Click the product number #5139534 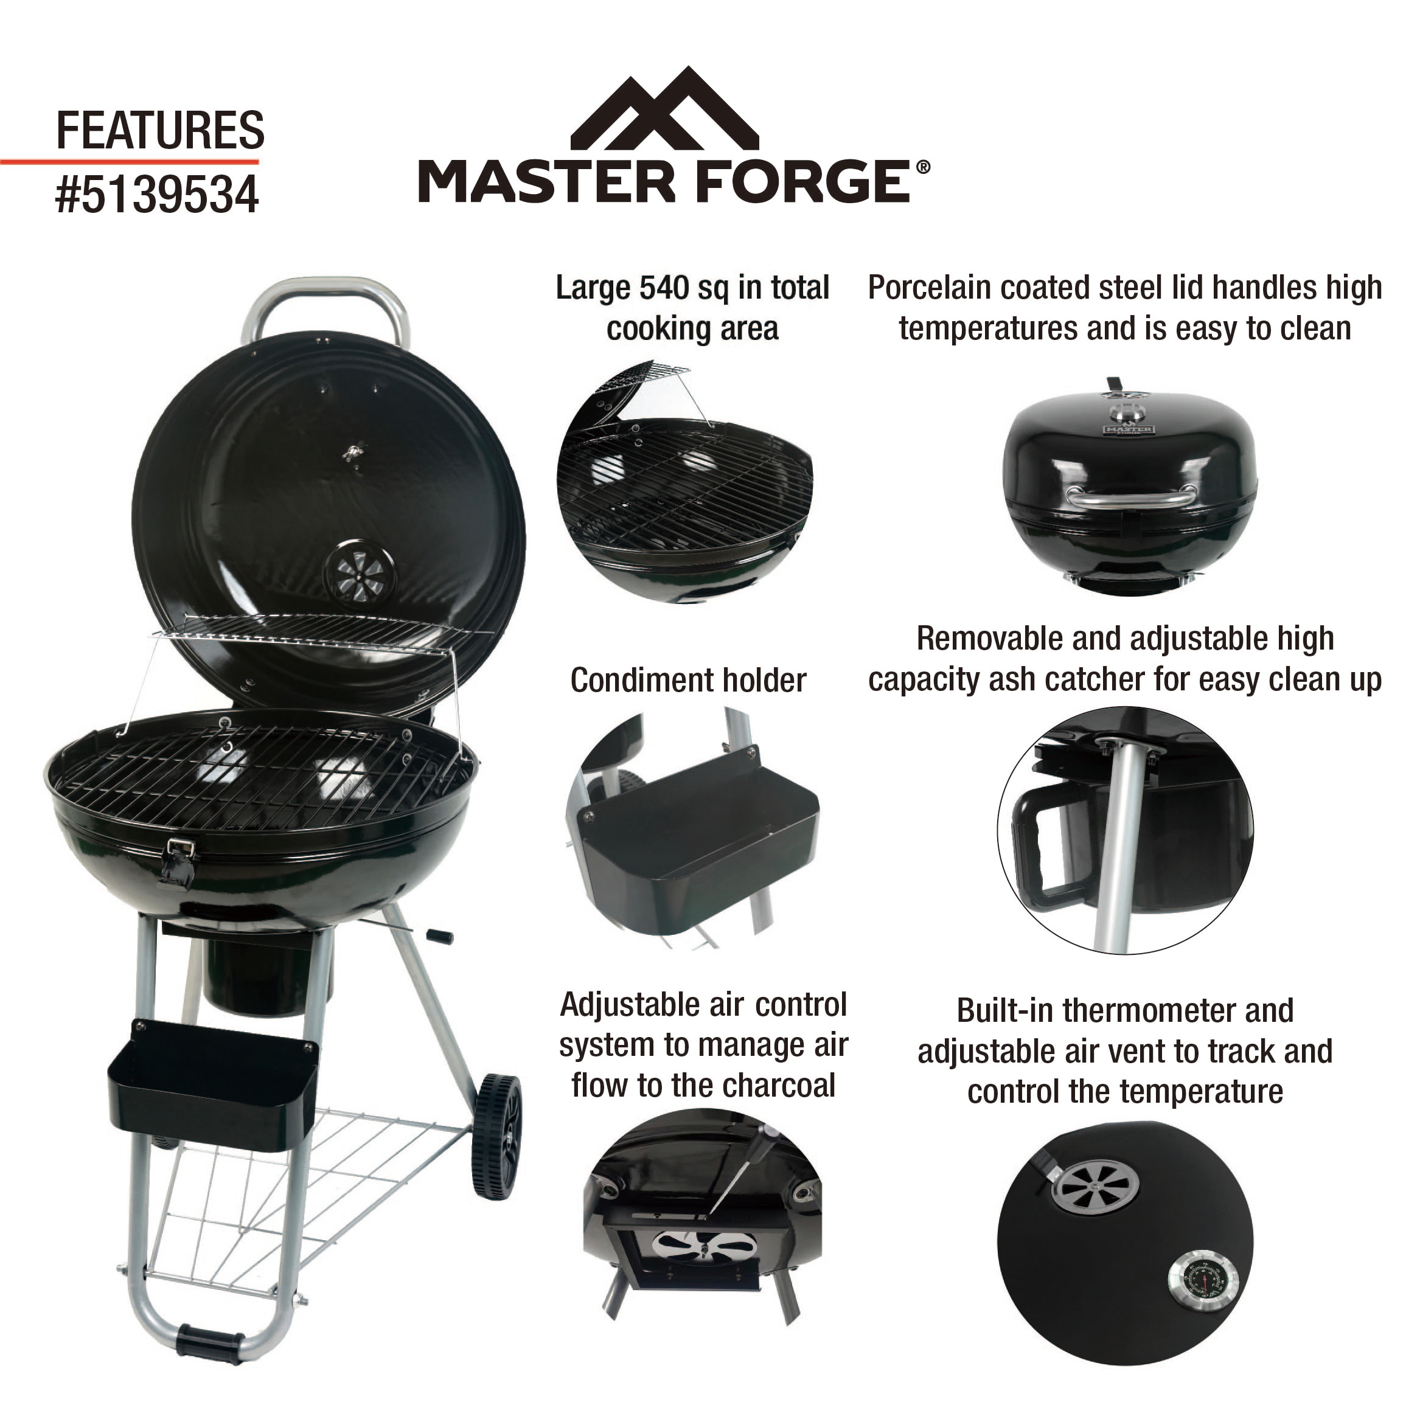[158, 194]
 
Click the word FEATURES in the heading [160, 130]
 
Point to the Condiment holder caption [688, 680]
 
